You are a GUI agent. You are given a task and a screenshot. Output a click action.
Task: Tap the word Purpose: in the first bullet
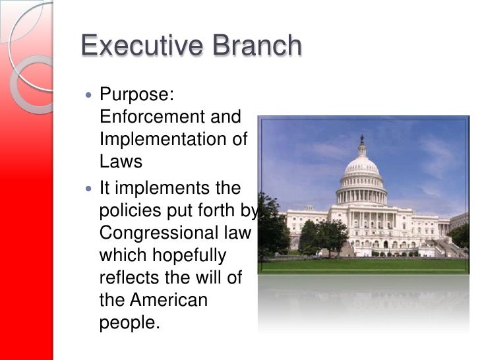pos(136,94)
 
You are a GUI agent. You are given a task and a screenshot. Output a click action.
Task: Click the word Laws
pos(121,162)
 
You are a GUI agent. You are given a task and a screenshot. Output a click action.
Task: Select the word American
pos(168,301)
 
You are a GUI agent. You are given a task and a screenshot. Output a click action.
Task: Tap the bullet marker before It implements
pos(90,189)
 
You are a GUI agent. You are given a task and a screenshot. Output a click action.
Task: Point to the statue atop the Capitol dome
pos(361,139)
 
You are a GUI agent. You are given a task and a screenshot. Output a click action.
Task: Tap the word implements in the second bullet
pos(157,188)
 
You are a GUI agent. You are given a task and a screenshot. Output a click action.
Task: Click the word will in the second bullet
pos(211,278)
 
